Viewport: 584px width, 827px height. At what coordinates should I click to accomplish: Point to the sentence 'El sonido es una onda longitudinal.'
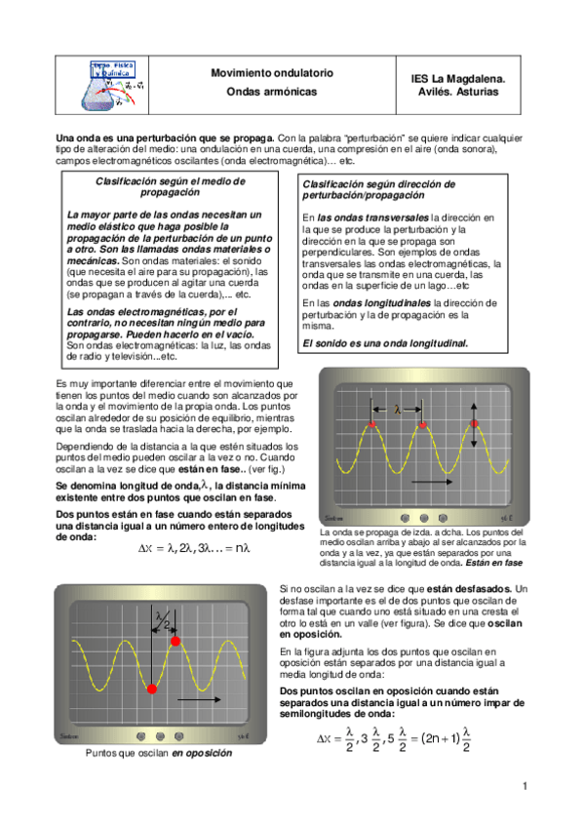[385, 343]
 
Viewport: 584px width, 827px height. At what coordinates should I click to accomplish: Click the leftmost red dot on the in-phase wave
[372, 425]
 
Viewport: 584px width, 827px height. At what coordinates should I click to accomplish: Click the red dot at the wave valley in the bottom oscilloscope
[151, 690]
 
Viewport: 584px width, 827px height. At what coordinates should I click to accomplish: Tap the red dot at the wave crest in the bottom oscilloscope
[176, 641]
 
